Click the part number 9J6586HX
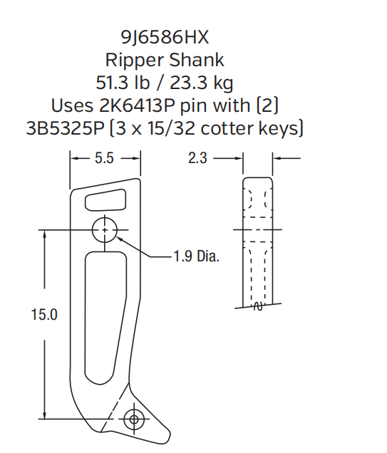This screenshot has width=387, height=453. coord(165,36)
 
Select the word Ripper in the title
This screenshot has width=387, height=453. coord(130,59)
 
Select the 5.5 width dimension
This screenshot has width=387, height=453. coord(104,159)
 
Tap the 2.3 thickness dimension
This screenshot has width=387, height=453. coord(197,159)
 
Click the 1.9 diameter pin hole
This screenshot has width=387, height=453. coord(105,231)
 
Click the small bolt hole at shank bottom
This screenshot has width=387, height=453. coord(133,420)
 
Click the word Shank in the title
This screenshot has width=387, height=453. coord(194,59)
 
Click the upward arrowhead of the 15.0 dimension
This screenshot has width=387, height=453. coord(45,234)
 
